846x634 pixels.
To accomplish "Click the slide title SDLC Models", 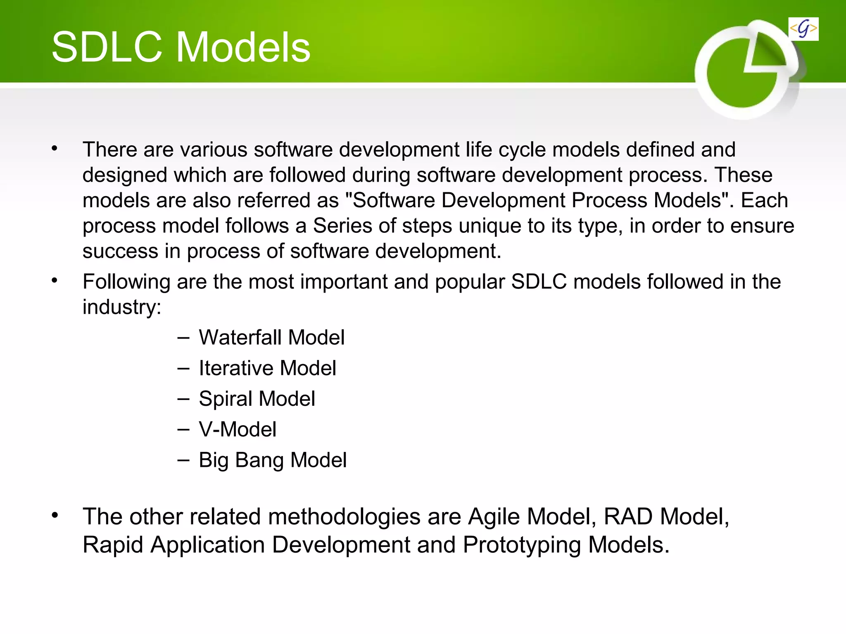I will tap(181, 47).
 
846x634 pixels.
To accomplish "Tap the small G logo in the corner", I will tap(803, 29).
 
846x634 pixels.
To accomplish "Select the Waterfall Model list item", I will tap(271, 337).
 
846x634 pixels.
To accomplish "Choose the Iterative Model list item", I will tap(267, 368).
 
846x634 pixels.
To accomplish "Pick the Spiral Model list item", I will tap(257, 399).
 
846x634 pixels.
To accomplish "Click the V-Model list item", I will tap(237, 429).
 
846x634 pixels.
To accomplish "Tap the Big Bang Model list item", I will tap(272, 460).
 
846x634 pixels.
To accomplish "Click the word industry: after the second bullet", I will tap(122, 307).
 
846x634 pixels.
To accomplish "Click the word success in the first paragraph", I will tap(120, 251).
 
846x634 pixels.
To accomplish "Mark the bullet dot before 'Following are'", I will tap(55, 281).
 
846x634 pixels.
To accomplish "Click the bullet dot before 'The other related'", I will tap(55, 515).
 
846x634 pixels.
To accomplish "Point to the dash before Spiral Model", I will tap(183, 399).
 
